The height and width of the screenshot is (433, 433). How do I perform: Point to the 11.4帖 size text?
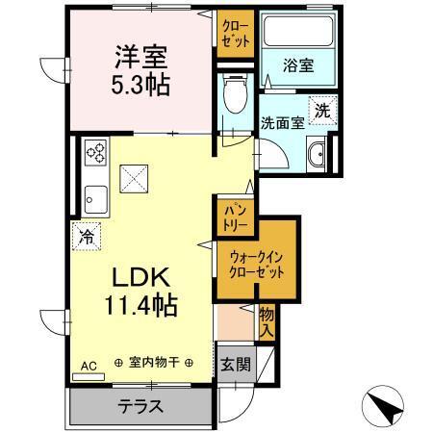tap(141, 308)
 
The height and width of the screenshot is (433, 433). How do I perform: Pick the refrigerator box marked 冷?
tap(87, 234)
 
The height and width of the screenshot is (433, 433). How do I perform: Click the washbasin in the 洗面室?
tap(315, 154)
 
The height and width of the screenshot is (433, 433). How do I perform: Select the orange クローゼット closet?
tap(234, 34)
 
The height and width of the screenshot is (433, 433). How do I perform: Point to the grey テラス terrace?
tap(140, 405)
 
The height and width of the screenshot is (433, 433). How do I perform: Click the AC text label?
tap(88, 366)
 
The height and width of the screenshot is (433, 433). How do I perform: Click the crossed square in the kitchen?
tap(133, 177)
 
